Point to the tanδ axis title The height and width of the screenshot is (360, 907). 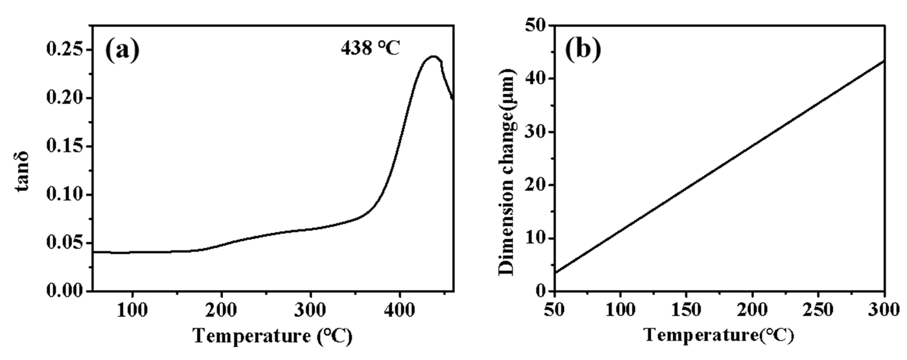22,171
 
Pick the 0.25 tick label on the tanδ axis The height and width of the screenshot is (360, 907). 65,49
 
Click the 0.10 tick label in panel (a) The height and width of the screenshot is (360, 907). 65,195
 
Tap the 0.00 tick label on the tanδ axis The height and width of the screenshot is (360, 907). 65,291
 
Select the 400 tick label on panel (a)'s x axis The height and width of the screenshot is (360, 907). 400,310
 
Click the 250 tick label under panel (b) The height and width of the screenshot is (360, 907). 818,310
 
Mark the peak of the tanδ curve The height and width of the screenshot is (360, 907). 434,56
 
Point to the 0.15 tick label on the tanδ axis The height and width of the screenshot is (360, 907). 65,146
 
